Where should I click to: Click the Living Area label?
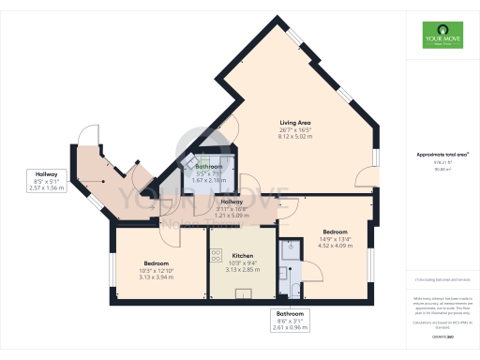click(x=294, y=123)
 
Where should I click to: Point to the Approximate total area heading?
click(x=442, y=154)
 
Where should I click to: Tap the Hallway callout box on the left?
click(x=47, y=181)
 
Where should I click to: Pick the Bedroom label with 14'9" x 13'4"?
click(x=335, y=232)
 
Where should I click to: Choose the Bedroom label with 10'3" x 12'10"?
click(x=157, y=263)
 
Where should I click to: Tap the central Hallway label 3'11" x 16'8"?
click(x=232, y=209)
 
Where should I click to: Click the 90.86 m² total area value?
click(x=442, y=170)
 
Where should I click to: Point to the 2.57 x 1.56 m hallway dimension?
click(x=47, y=189)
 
